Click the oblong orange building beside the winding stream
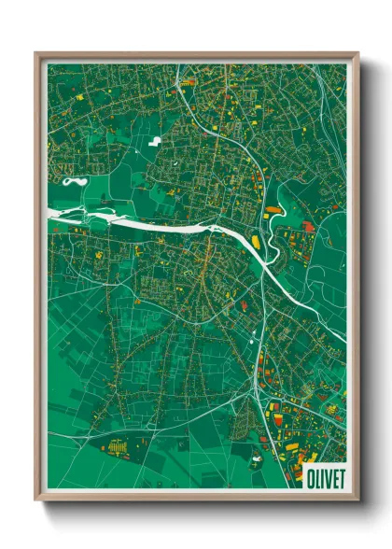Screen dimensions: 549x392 click(273, 211)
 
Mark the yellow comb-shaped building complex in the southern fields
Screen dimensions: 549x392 click(119, 447)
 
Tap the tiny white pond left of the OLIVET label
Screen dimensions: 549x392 click(258, 458)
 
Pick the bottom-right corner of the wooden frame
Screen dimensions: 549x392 click(357, 500)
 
